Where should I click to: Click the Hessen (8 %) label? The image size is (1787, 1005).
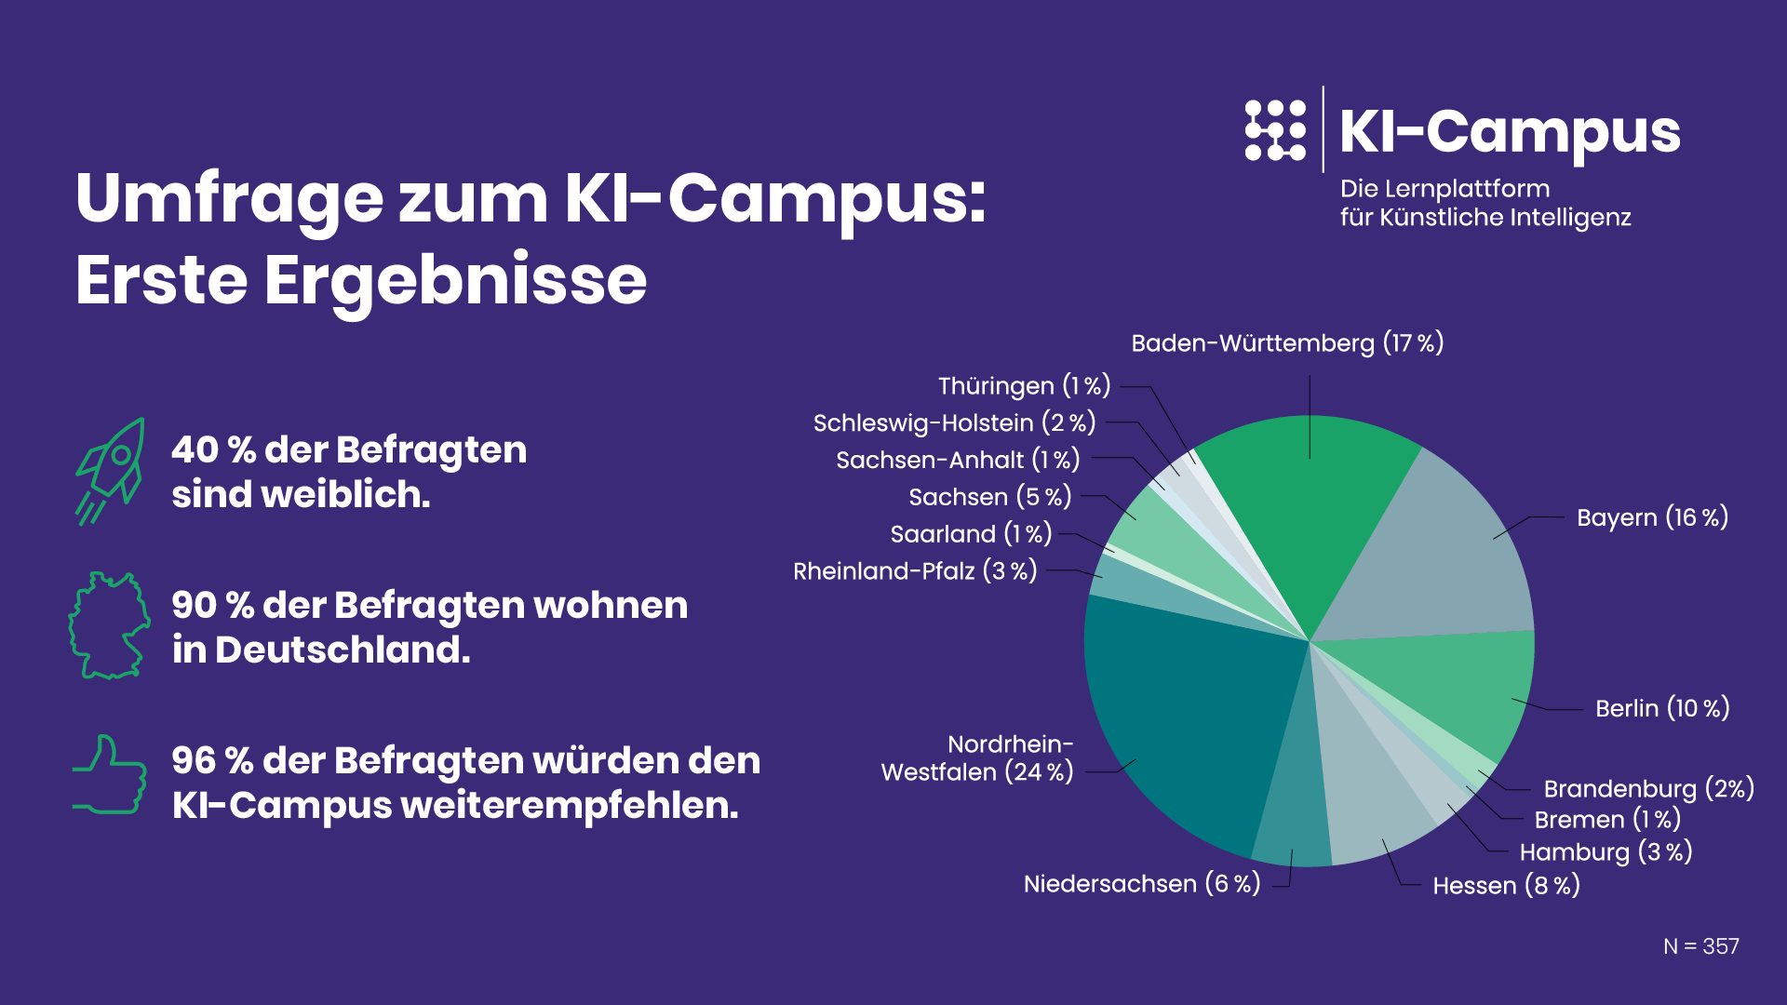point(1506,885)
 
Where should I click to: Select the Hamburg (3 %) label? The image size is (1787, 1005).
point(1606,851)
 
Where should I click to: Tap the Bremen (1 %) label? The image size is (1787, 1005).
point(1607,820)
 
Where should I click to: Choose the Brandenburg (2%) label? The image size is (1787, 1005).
point(1648,789)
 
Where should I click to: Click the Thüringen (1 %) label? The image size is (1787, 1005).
point(1024,385)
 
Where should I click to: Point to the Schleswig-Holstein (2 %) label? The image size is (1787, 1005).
point(954,422)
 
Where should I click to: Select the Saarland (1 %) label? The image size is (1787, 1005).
point(971,534)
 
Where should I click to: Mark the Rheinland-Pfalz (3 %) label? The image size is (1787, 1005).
point(915,570)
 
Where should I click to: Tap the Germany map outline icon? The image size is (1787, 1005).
point(110,625)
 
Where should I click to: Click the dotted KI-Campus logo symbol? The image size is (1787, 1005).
point(1275,130)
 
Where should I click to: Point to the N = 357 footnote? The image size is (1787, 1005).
point(1700,946)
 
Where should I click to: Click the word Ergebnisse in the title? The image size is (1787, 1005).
point(456,279)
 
